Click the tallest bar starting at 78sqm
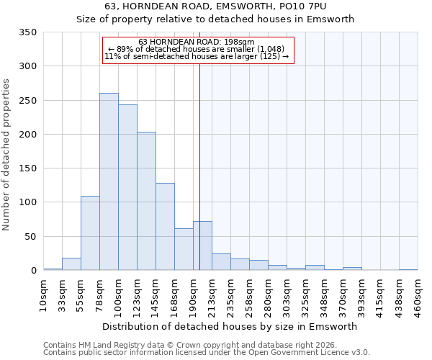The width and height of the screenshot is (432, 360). (109, 181)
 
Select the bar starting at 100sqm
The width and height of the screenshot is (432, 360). (127, 187)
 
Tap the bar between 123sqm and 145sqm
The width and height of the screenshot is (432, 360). (146, 201)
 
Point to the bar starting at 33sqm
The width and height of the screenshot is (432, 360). (71, 264)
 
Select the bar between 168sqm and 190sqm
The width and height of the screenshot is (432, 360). (184, 249)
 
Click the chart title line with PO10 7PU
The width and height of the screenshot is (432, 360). (215, 6)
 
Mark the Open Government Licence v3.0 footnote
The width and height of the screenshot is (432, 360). (206, 353)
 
